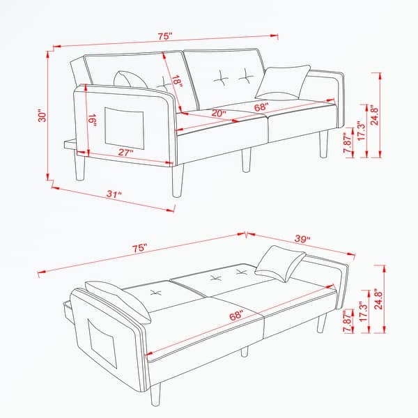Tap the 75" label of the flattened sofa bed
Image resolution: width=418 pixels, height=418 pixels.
click(139, 247)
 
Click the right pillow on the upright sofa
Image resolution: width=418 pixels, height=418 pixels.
click(282, 82)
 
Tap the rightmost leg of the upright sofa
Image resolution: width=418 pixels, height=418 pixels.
click(323, 146)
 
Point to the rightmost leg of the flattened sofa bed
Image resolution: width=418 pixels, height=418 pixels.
click(321, 323)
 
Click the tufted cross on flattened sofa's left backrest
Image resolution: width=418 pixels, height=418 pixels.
click(154, 291)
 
